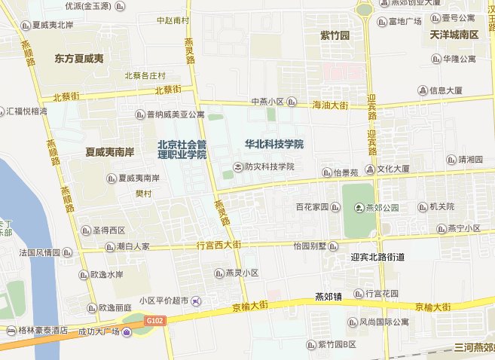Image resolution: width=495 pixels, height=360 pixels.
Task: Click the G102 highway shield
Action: [x=155, y=321]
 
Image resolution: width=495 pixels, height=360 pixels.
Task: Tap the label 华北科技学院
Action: [x=274, y=144]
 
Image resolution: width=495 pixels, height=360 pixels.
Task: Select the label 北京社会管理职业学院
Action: [x=182, y=148]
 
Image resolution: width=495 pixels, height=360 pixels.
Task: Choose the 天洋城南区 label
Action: [x=454, y=35]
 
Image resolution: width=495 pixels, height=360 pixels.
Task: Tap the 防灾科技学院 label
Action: [x=268, y=166]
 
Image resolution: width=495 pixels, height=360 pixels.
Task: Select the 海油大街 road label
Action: [x=330, y=106]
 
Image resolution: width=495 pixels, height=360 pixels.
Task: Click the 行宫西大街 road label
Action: [x=218, y=246]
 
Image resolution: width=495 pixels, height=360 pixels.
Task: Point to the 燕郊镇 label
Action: [x=328, y=297]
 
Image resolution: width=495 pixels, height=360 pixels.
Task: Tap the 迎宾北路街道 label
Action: [x=378, y=258]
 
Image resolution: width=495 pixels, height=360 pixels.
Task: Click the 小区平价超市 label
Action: [x=161, y=301]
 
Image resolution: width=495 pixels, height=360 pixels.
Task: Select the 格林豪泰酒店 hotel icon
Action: [x=10, y=330]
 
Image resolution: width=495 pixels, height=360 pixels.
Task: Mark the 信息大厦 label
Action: [x=450, y=90]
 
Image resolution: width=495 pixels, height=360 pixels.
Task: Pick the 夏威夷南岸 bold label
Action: [x=110, y=151]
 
